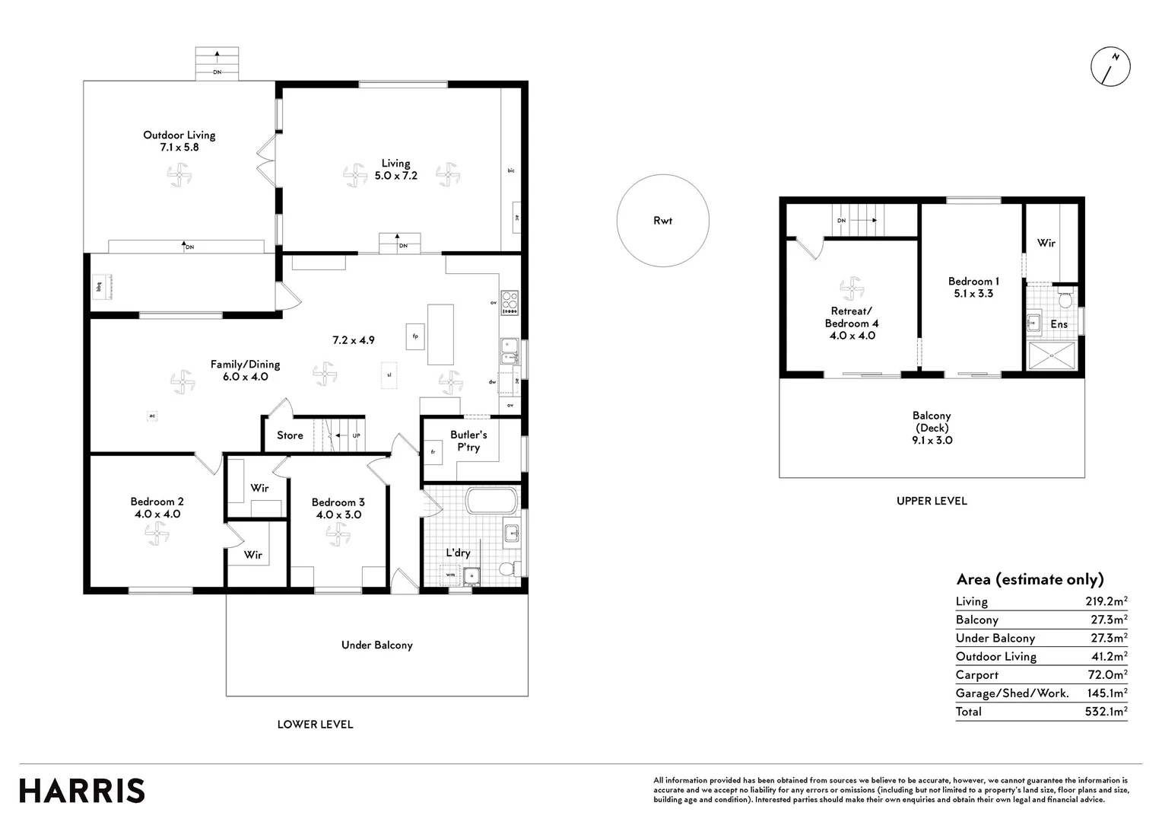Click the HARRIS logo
click(82, 791)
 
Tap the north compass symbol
click(1110, 66)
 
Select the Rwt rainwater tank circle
click(662, 221)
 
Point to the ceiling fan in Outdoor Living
click(179, 176)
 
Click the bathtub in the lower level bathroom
click(491, 502)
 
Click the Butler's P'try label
click(468, 441)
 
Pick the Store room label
click(290, 435)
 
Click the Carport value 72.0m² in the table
click(1108, 675)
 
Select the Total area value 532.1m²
click(1106, 712)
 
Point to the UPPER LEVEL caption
click(931, 501)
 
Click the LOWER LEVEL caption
click(315, 725)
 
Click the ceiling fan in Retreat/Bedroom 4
click(851, 289)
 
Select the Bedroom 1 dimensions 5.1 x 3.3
click(973, 293)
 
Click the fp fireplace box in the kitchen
click(415, 336)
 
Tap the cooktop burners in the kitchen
click(510, 302)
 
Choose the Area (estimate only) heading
click(1030, 579)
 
